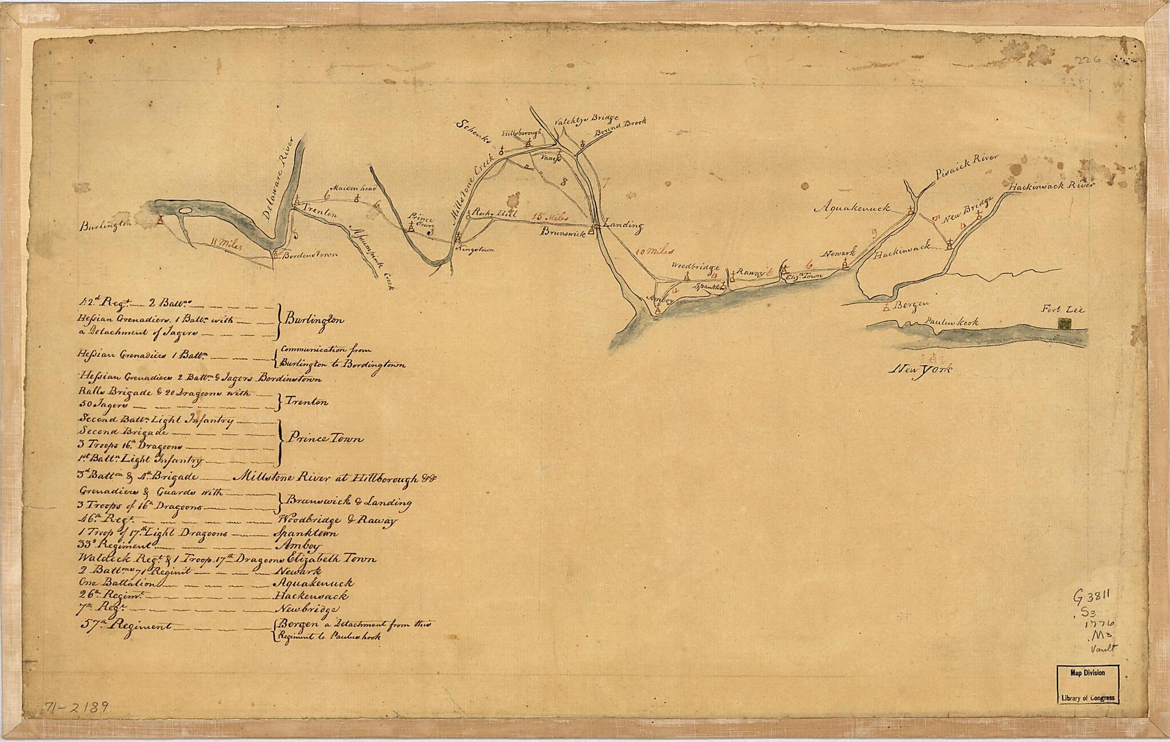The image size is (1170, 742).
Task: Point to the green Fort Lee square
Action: [1064, 323]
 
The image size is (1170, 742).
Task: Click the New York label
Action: [921, 370]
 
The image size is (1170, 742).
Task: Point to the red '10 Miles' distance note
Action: [655, 250]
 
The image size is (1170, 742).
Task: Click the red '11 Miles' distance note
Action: [227, 244]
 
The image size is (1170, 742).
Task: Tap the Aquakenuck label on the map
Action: [854, 208]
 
